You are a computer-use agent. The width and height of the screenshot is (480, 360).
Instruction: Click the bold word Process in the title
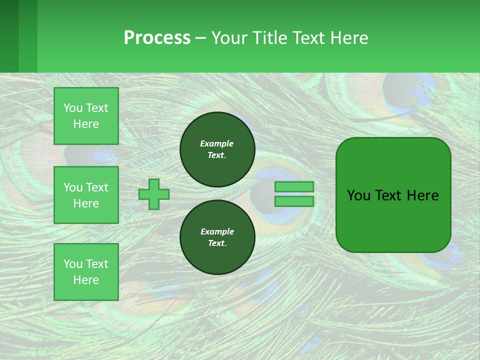point(157,38)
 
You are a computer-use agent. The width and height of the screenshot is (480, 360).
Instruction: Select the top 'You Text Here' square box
point(86,116)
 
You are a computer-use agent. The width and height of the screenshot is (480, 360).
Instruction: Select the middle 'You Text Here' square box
point(86,195)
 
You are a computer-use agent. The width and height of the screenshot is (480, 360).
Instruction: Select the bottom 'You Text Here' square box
point(86,271)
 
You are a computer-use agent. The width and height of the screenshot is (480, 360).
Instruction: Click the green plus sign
point(154,194)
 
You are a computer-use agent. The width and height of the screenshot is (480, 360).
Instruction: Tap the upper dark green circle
point(217,149)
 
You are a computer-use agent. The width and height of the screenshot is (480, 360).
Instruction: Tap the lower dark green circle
point(217,237)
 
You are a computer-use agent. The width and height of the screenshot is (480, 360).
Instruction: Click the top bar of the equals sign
point(294,186)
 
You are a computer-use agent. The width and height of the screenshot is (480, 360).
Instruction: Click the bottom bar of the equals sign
point(294,201)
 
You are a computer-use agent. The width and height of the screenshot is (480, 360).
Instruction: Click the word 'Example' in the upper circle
point(216,143)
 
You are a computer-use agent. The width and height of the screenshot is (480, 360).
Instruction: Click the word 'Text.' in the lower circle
point(217,243)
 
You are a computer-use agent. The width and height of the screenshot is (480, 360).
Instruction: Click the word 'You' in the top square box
point(72,108)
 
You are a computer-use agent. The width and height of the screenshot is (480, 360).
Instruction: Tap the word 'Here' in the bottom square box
point(86,280)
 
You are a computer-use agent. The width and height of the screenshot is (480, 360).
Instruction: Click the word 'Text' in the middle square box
point(96,187)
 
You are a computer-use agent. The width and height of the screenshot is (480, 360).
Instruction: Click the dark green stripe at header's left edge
point(9,36)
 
